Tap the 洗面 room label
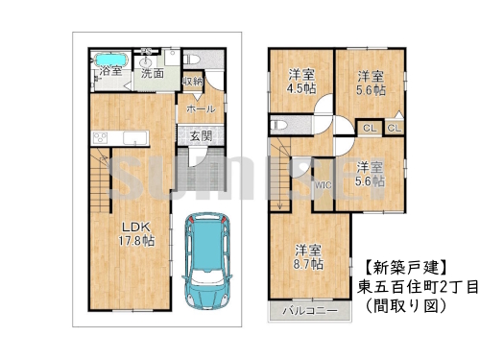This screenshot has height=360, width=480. coord(152,72)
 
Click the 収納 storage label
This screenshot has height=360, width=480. coord(193,82)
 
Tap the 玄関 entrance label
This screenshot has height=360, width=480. coord(201,135)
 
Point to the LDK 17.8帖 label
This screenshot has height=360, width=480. coord(135,234)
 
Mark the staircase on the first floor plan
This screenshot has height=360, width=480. coord(101,182)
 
